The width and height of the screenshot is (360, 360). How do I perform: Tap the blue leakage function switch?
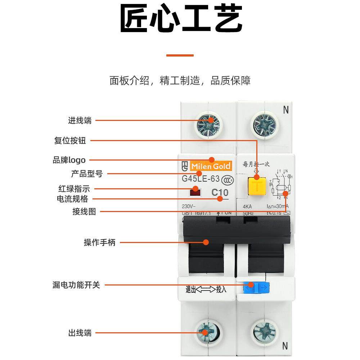click(x=256, y=287)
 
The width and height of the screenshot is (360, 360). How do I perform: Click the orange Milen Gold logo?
click(x=211, y=166)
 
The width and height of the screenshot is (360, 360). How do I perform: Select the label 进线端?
click(x=80, y=121)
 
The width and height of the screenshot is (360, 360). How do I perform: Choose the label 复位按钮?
click(x=70, y=140)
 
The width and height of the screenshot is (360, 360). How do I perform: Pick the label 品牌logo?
click(x=69, y=160)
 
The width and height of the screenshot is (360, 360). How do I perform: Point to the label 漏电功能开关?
click(x=76, y=285)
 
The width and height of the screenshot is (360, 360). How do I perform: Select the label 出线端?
click(x=80, y=333)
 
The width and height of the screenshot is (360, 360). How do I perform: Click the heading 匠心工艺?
click(x=180, y=19)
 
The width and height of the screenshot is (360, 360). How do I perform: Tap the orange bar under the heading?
click(x=180, y=55)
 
